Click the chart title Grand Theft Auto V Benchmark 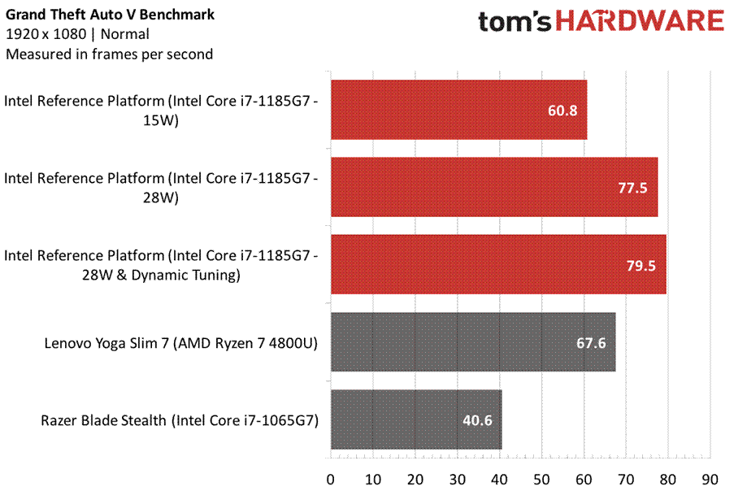pyautogui.click(x=111, y=15)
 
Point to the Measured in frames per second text pyautogui.click(x=109, y=54)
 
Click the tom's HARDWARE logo pyautogui.click(x=600, y=22)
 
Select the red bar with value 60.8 pyautogui.click(x=458, y=110)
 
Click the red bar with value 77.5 pyautogui.click(x=494, y=188)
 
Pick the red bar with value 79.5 pyautogui.click(x=498, y=265)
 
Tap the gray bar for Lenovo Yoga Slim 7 pyautogui.click(x=472, y=342)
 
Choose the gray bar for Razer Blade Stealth pyautogui.click(x=415, y=420)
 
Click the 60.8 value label pyautogui.click(x=562, y=110)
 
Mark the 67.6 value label pyautogui.click(x=591, y=343)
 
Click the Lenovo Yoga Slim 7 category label pyautogui.click(x=180, y=343)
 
